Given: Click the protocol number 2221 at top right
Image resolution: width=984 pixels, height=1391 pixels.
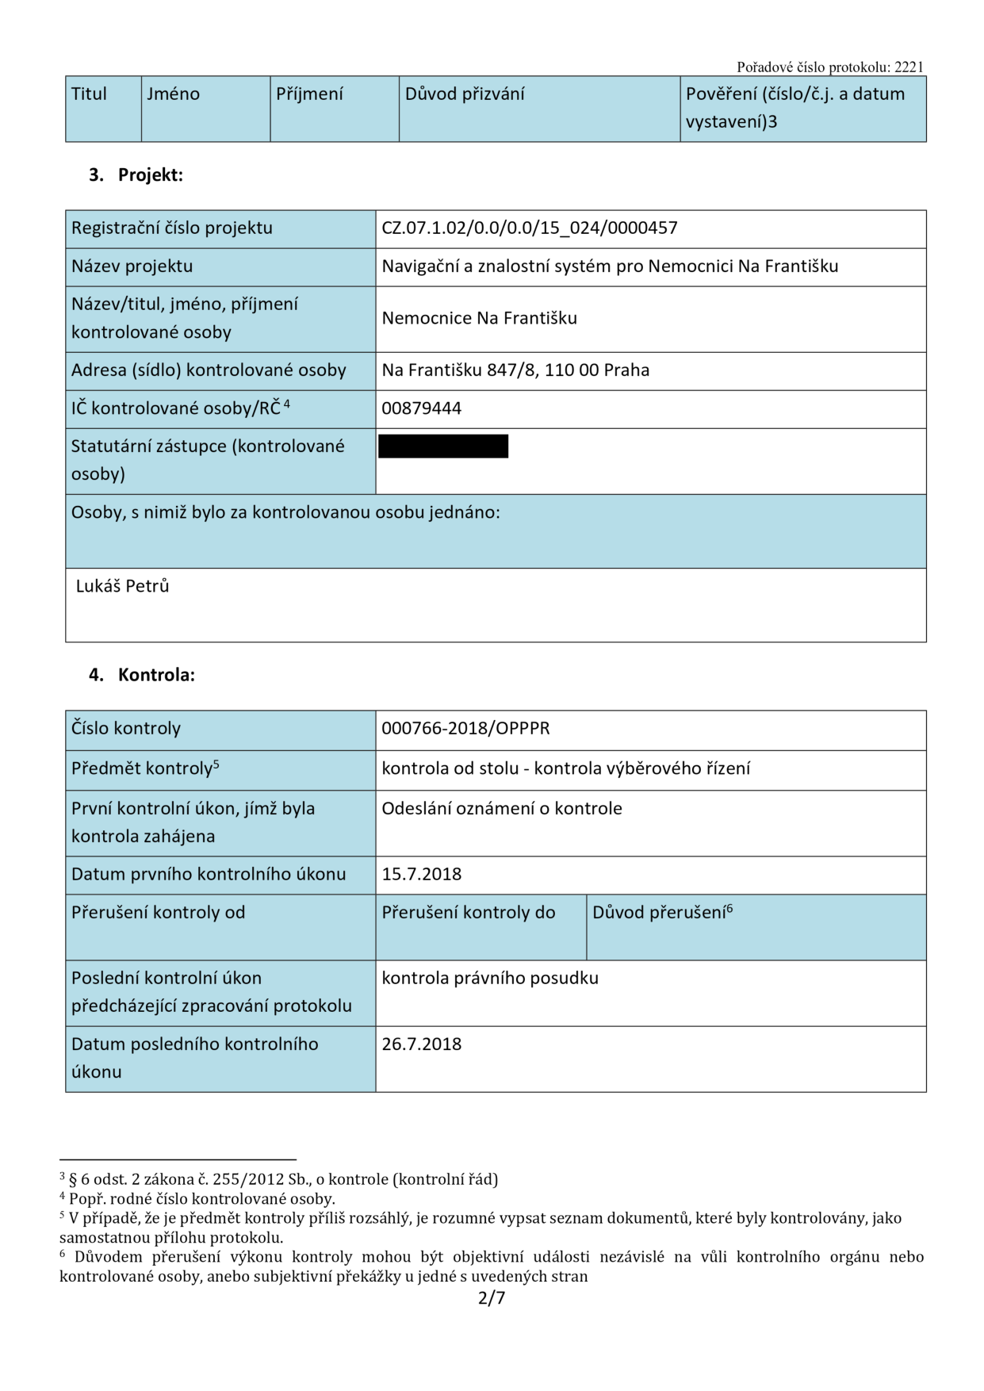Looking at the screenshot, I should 909,67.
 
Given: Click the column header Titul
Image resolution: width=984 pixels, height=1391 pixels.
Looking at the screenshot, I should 89,94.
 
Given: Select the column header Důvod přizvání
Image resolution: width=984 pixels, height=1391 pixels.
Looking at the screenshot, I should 465,94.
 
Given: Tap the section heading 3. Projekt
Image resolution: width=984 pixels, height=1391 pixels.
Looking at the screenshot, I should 136,175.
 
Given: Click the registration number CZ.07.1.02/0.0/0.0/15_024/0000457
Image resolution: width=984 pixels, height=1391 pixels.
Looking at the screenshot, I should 529,228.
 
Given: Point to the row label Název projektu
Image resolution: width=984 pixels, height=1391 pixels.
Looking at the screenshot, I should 132,266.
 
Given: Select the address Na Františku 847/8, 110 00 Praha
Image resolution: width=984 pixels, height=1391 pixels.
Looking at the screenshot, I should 515,370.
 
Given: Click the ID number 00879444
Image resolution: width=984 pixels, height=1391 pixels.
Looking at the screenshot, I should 421,408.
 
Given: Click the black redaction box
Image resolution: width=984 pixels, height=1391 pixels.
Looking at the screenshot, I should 442,446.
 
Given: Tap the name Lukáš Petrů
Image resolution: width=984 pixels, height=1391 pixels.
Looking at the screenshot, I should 123,586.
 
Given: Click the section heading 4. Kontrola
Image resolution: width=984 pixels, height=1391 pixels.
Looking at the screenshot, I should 141,675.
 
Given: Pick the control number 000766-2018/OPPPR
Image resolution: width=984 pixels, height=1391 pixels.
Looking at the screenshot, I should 465,729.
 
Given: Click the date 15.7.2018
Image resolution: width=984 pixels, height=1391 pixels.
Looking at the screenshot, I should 421,875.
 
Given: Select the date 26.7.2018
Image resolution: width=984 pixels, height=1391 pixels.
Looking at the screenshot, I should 421,1044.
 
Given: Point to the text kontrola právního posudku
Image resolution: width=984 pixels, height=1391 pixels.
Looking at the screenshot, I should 489,979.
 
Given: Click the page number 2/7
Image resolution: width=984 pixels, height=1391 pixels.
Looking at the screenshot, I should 491,1298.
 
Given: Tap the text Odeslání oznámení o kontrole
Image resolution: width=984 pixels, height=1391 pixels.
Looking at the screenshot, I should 501,809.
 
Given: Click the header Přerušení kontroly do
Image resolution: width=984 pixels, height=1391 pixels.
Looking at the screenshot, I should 468,913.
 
